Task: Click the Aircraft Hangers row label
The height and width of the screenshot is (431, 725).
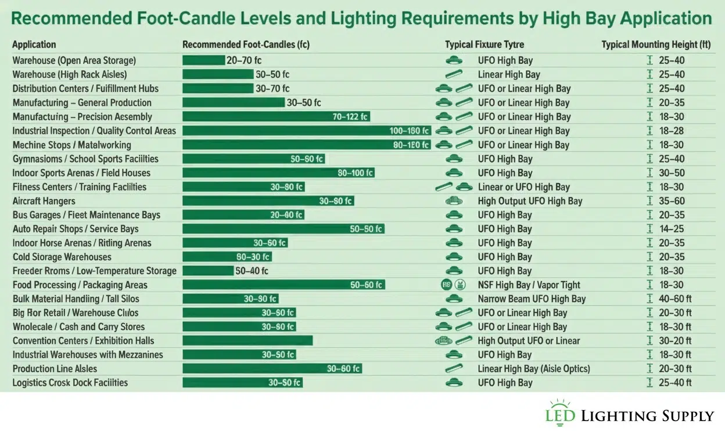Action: pyautogui.click(x=44, y=201)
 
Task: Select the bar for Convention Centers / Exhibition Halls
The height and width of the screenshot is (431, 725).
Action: pyautogui.click(x=247, y=341)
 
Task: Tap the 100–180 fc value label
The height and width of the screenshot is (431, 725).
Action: pyautogui.click(x=410, y=131)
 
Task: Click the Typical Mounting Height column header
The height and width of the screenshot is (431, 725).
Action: pyautogui.click(x=656, y=45)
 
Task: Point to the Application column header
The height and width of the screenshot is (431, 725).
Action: pyautogui.click(x=34, y=45)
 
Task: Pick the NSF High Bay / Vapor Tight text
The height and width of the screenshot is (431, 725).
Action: pyautogui.click(x=529, y=285)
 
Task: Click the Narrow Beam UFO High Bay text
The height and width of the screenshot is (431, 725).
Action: pyautogui.click(x=532, y=299)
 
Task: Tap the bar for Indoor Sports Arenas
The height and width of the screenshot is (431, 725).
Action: pyautogui.click(x=278, y=173)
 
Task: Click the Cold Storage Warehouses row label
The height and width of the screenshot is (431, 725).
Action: pyautogui.click(x=62, y=257)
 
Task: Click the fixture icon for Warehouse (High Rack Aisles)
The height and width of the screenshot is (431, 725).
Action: pyautogui.click(x=454, y=74)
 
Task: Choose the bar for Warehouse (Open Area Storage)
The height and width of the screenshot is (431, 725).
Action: pyautogui.click(x=203, y=60)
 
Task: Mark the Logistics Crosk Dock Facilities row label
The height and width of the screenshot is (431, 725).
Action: pyautogui.click(x=70, y=383)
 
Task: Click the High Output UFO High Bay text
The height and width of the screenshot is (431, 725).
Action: pyautogui.click(x=530, y=201)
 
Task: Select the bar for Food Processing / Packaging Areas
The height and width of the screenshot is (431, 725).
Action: pyautogui.click(x=283, y=285)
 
